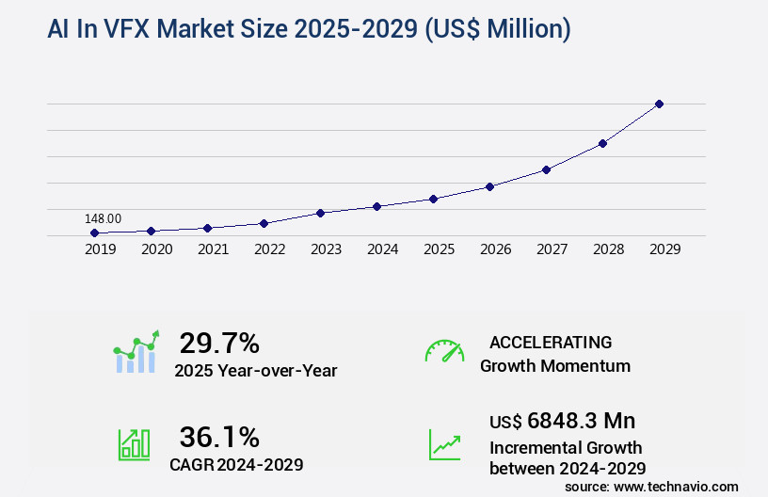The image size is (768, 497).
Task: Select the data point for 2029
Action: tap(659, 104)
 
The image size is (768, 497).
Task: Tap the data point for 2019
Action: tap(94, 232)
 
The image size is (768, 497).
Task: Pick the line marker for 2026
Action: tap(489, 186)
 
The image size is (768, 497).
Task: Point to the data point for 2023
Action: tap(320, 213)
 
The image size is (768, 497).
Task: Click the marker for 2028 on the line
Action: tap(602, 143)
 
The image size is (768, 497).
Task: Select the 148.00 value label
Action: tap(103, 218)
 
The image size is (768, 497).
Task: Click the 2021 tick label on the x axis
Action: tap(213, 249)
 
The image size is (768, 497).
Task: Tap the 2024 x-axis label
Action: tap(382, 249)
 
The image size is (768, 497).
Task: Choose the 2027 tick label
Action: tap(552, 249)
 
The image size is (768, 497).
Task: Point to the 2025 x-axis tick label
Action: tap(439, 249)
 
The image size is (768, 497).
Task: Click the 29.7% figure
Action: tap(219, 343)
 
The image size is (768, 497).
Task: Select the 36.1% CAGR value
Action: tap(219, 437)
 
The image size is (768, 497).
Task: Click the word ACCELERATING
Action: tap(551, 342)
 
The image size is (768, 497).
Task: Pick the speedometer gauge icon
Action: tap(444, 351)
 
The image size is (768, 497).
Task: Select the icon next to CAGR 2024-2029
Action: tap(134, 444)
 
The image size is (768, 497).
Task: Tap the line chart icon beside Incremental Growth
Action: tap(444, 444)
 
